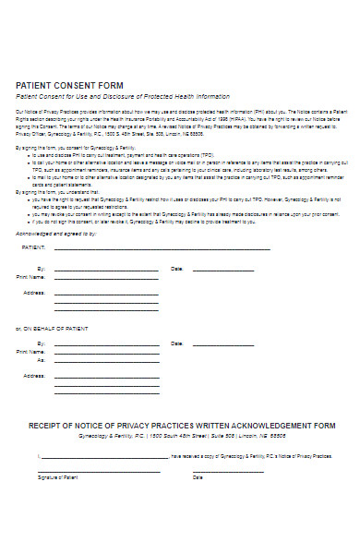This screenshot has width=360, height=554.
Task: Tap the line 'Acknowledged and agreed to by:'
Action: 56,234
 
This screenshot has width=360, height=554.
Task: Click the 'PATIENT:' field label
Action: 33,248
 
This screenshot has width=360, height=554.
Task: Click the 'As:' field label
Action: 40,360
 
